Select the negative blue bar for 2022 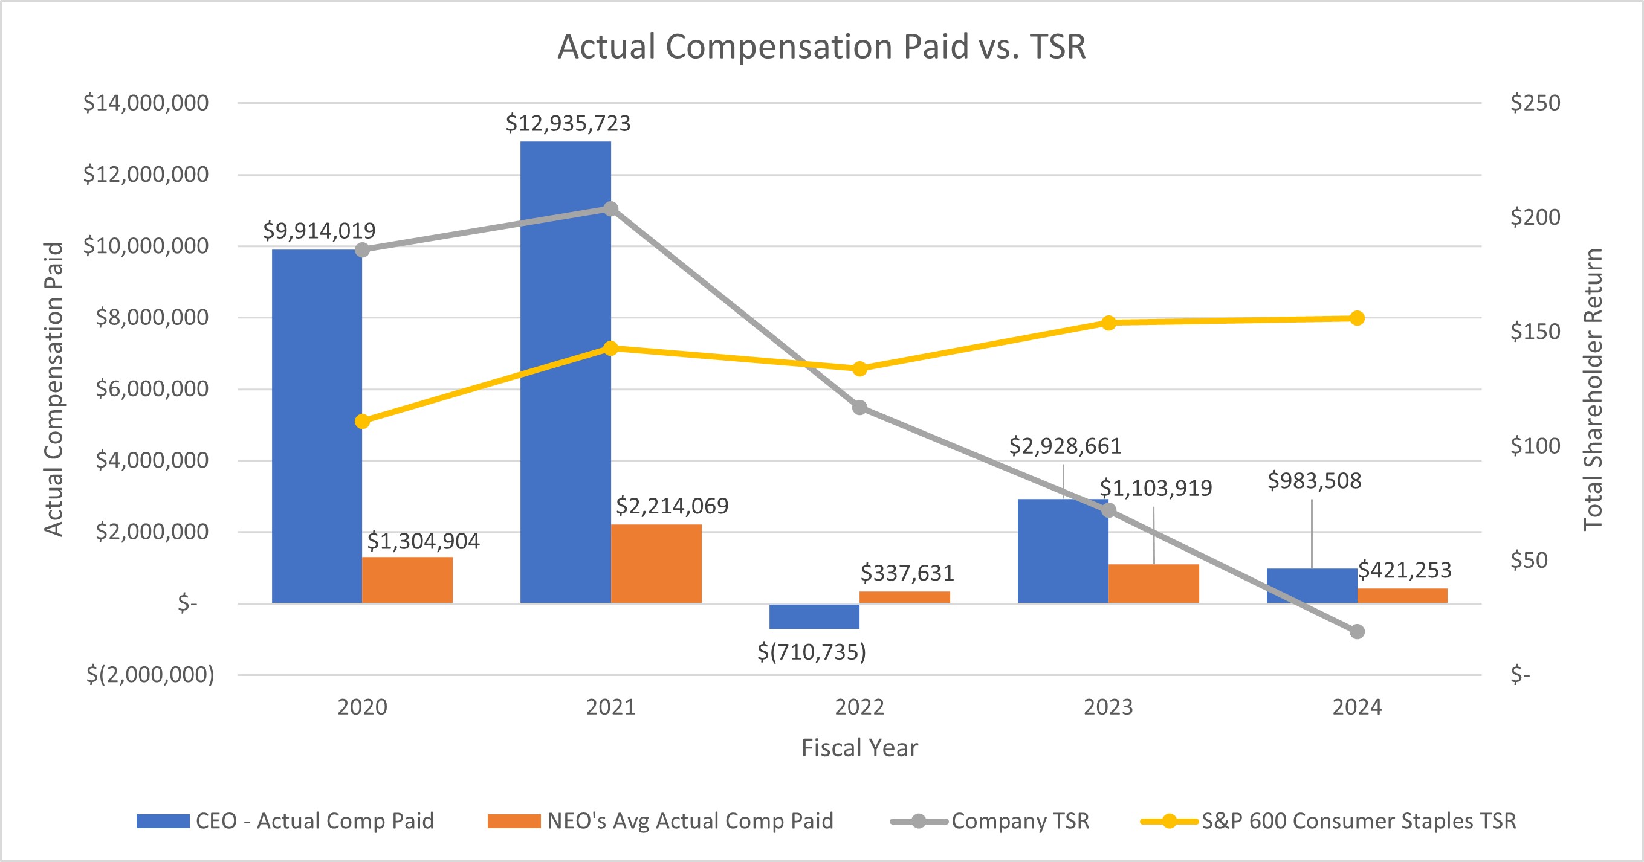814,616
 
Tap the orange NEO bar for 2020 407,580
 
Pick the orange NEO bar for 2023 1154,583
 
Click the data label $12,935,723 568,123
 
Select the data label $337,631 907,573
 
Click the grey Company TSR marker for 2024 1358,632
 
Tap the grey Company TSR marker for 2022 859,408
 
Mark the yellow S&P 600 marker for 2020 362,422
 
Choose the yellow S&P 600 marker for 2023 1108,323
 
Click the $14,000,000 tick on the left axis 146,103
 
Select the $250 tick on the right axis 1535,103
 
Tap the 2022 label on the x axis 859,707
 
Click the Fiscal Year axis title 859,748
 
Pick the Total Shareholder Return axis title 1594,389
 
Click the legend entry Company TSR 1020,820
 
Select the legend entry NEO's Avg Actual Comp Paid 690,820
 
